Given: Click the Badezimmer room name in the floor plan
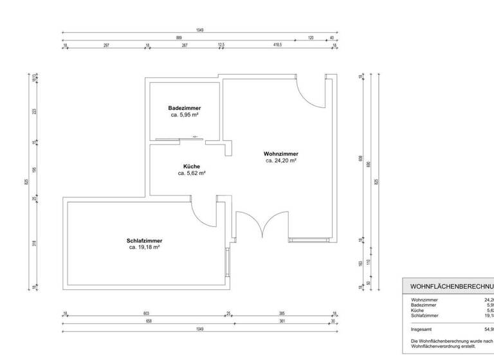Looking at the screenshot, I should click(x=184, y=108).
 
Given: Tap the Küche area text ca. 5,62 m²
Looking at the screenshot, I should click(x=192, y=174).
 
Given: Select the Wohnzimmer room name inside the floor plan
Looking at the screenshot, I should click(x=281, y=154).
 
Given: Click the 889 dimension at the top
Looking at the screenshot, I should click(x=179, y=38).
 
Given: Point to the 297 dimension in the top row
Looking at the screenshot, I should click(x=106, y=46).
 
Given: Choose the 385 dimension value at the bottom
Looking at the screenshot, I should click(x=281, y=314).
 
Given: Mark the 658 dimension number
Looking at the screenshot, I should click(x=149, y=321).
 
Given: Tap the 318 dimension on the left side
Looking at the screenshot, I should click(x=35, y=243).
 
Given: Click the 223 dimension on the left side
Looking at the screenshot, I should click(x=35, y=111).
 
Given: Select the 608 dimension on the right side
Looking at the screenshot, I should click(x=361, y=159).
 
